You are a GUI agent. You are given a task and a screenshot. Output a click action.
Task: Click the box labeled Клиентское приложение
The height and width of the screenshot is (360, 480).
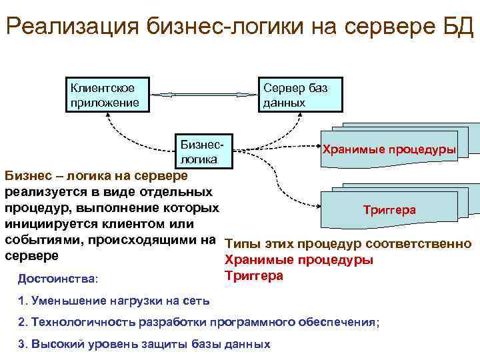(x=107, y=95)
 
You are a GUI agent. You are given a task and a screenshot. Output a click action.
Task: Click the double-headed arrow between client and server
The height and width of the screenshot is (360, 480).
(x=204, y=95)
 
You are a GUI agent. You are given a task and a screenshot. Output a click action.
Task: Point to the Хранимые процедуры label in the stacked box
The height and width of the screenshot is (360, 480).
(x=389, y=149)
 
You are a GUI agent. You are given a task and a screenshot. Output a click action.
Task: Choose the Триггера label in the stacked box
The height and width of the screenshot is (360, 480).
(x=389, y=210)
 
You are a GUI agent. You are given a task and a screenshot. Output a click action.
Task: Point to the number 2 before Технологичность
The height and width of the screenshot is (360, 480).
(x=21, y=322)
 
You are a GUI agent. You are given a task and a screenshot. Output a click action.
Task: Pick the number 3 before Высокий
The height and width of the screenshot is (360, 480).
(x=21, y=344)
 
